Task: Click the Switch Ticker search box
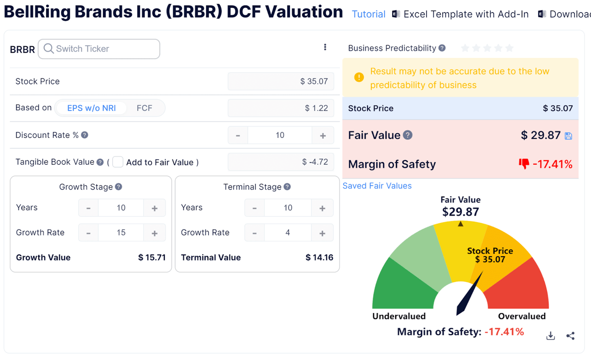point(99,49)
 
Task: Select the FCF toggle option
point(144,108)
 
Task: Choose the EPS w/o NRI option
point(91,108)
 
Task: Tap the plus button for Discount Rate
point(323,135)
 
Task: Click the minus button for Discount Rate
point(238,135)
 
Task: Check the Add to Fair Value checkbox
point(118,162)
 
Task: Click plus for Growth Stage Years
point(155,208)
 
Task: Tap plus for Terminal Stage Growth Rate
point(322,233)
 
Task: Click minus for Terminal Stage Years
point(254,208)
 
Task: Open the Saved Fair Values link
point(377,186)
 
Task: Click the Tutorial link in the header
point(368,14)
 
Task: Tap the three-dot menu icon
point(325,47)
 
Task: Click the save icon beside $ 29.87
point(568,136)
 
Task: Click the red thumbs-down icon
point(524,164)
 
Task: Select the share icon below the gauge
point(570,336)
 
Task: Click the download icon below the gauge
point(550,336)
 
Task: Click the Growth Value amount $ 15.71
point(151,258)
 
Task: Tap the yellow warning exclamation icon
point(359,78)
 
